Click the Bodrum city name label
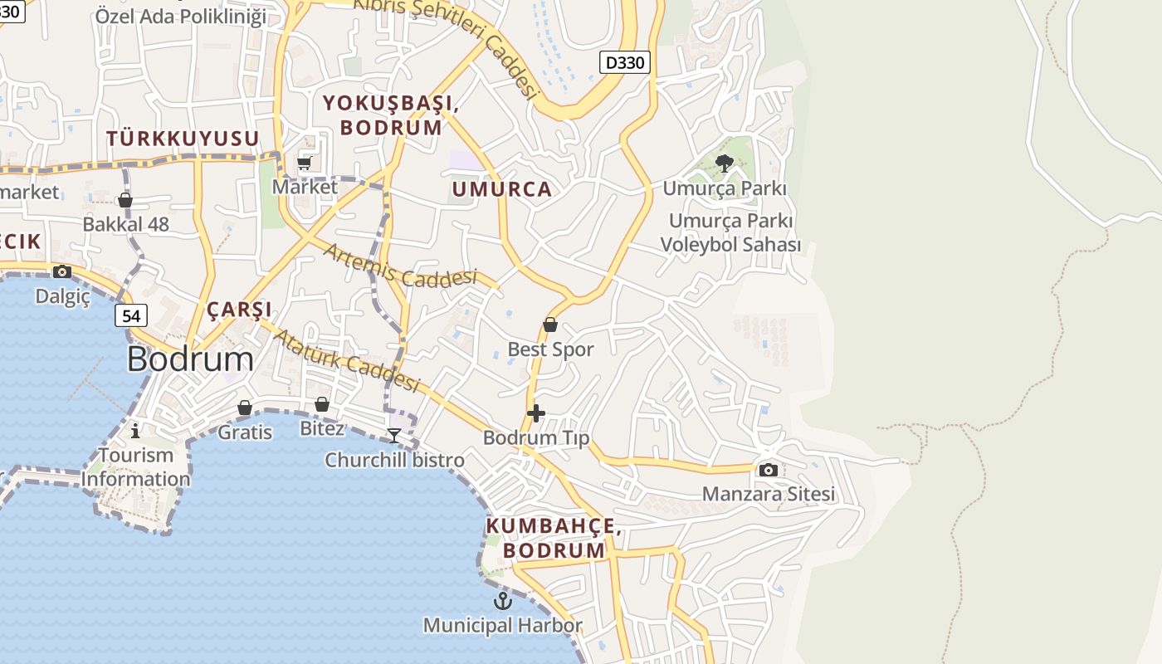click(190, 359)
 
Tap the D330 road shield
click(624, 62)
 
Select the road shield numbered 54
click(131, 315)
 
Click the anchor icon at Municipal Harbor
click(503, 600)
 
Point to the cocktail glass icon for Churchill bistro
click(394, 436)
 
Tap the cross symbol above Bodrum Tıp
click(536, 413)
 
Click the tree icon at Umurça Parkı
click(724, 164)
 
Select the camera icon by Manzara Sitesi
click(769, 470)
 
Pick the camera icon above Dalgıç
click(61, 271)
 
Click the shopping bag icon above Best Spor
click(549, 325)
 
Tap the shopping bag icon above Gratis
click(245, 408)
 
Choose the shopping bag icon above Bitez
click(322, 404)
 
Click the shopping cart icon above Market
click(305, 163)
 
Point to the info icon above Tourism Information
click(135, 430)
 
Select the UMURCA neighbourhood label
click(501, 189)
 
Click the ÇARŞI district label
click(239, 310)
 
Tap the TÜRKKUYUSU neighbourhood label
click(183, 139)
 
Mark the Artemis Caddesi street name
click(400, 267)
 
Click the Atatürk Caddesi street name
click(347, 361)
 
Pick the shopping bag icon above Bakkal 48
click(125, 200)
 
